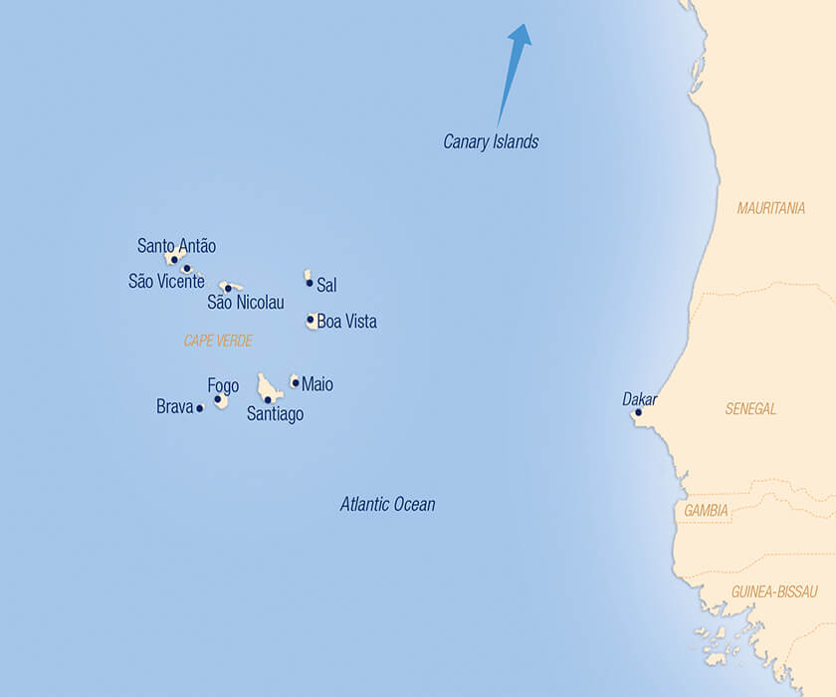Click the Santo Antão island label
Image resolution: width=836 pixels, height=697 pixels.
(x=176, y=246)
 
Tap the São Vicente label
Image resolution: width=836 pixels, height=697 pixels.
(x=166, y=282)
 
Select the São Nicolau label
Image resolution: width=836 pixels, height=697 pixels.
(x=245, y=303)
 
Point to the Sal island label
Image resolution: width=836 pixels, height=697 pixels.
(x=326, y=286)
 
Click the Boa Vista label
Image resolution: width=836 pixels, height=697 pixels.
(x=346, y=322)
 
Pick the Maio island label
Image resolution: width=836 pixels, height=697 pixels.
(x=317, y=384)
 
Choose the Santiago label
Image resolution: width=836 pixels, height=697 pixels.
(x=275, y=415)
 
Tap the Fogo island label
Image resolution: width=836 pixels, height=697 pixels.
(x=223, y=386)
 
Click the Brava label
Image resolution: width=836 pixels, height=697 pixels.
(x=174, y=407)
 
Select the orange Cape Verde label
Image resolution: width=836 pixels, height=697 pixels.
(x=218, y=341)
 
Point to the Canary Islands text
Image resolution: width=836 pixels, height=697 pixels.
(x=491, y=142)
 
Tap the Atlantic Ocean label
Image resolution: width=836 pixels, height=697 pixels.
(x=387, y=505)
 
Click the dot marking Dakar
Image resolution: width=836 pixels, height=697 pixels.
(x=638, y=412)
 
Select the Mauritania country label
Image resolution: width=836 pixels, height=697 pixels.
(x=770, y=208)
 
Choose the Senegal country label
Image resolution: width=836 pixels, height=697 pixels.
(x=750, y=409)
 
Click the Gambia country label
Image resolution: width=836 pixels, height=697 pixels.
(x=706, y=511)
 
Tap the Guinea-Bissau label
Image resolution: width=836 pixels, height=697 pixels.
(x=774, y=591)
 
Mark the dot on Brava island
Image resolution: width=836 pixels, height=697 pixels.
(x=200, y=408)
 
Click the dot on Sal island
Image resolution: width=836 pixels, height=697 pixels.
(x=310, y=283)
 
